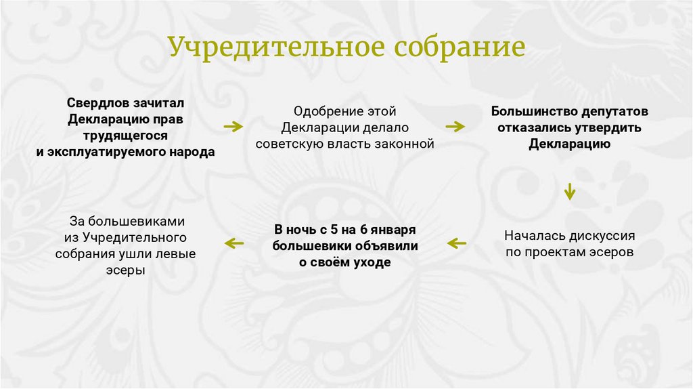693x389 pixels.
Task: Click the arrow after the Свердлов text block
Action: (233, 126)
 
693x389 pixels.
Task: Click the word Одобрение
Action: (320, 110)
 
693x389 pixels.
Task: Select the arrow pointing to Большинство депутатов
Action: (455, 126)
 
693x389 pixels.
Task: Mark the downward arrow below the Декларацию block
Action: (570, 191)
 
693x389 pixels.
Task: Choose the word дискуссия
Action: (601, 235)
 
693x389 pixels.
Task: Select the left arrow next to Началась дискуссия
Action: (457, 243)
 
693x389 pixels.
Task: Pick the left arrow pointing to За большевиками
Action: (234, 243)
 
